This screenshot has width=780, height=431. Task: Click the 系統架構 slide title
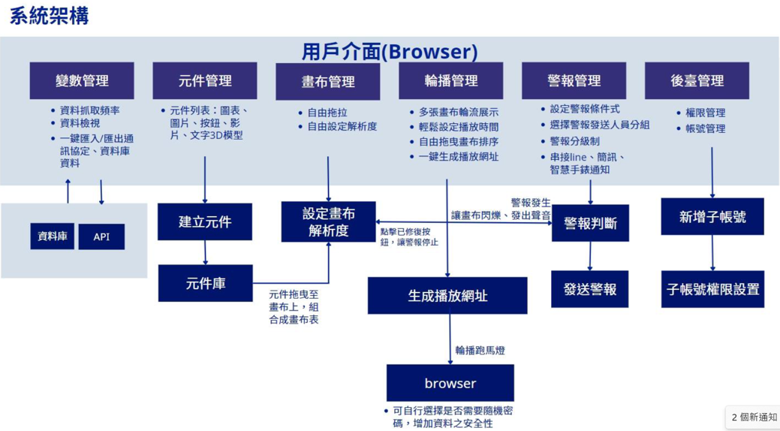[50, 16]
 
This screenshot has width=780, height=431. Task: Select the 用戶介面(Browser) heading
[390, 51]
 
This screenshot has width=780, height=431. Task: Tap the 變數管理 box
[82, 80]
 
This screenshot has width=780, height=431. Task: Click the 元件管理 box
[205, 80]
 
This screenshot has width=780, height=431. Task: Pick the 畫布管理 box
[328, 81]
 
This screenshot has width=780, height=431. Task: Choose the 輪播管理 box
[451, 80]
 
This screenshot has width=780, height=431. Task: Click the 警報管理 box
[574, 80]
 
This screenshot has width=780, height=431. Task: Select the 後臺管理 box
[697, 80]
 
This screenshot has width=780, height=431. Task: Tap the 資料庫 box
[52, 237]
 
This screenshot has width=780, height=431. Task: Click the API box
[101, 237]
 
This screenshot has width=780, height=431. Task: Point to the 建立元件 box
[205, 222]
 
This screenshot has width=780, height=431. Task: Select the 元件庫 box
[206, 283]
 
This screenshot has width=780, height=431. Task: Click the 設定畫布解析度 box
[328, 222]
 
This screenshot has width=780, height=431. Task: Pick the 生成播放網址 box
[447, 296]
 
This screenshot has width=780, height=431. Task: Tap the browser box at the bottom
[450, 383]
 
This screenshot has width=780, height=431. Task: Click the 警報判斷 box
[590, 223]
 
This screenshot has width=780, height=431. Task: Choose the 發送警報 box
[589, 289]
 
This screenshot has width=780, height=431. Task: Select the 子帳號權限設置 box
[712, 289]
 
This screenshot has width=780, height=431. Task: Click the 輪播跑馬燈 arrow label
[480, 351]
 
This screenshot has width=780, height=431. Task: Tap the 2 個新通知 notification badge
[753, 417]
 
